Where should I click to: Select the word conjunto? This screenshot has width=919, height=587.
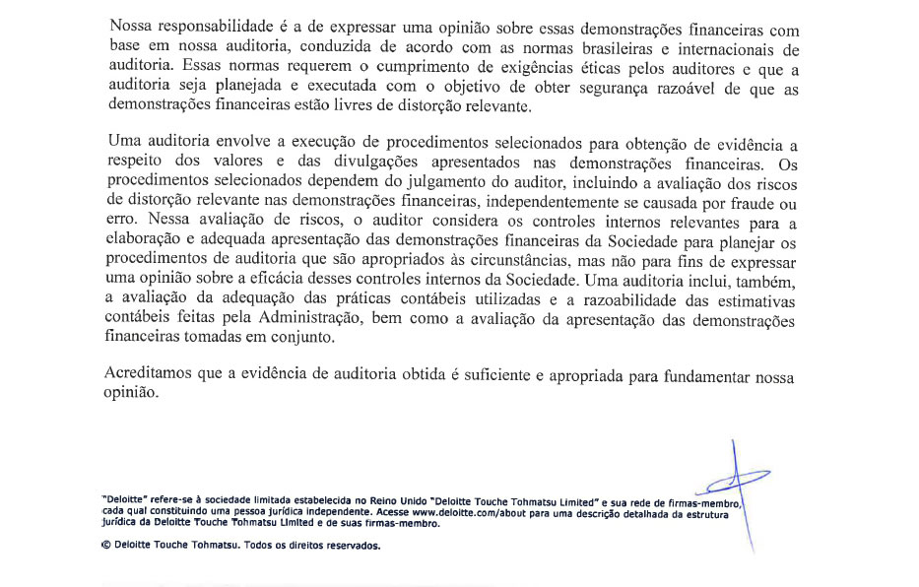click(299, 337)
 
